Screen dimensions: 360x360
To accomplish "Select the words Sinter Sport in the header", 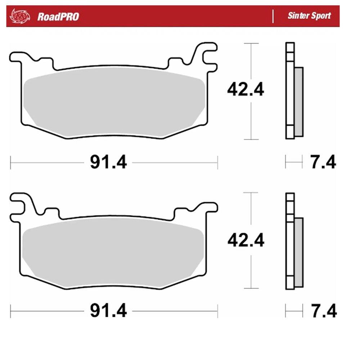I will (x=309, y=16).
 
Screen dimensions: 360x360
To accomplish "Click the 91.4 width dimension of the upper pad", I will (x=108, y=163).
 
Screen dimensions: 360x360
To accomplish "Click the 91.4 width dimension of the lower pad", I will (x=108, y=311).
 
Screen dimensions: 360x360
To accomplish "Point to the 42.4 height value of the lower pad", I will (x=246, y=240).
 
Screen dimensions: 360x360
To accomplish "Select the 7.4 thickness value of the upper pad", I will (x=323, y=162).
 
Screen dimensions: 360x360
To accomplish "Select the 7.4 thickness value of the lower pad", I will (x=323, y=311).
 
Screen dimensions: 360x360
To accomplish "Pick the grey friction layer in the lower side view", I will (x=299, y=252).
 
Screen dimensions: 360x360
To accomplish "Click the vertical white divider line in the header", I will (x=273, y=16).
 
